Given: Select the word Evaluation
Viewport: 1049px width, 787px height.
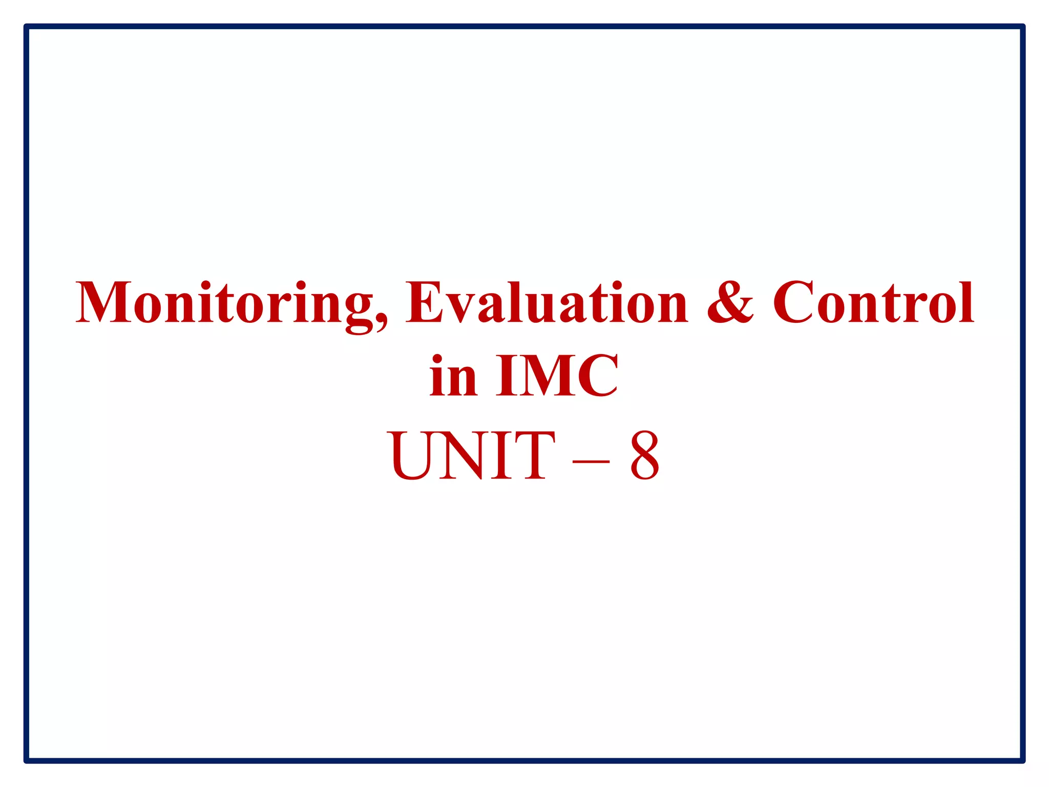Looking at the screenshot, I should (x=547, y=303).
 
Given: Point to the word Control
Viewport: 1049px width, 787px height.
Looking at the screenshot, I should (x=873, y=303).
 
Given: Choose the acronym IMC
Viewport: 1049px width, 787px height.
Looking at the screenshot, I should (x=557, y=377).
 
